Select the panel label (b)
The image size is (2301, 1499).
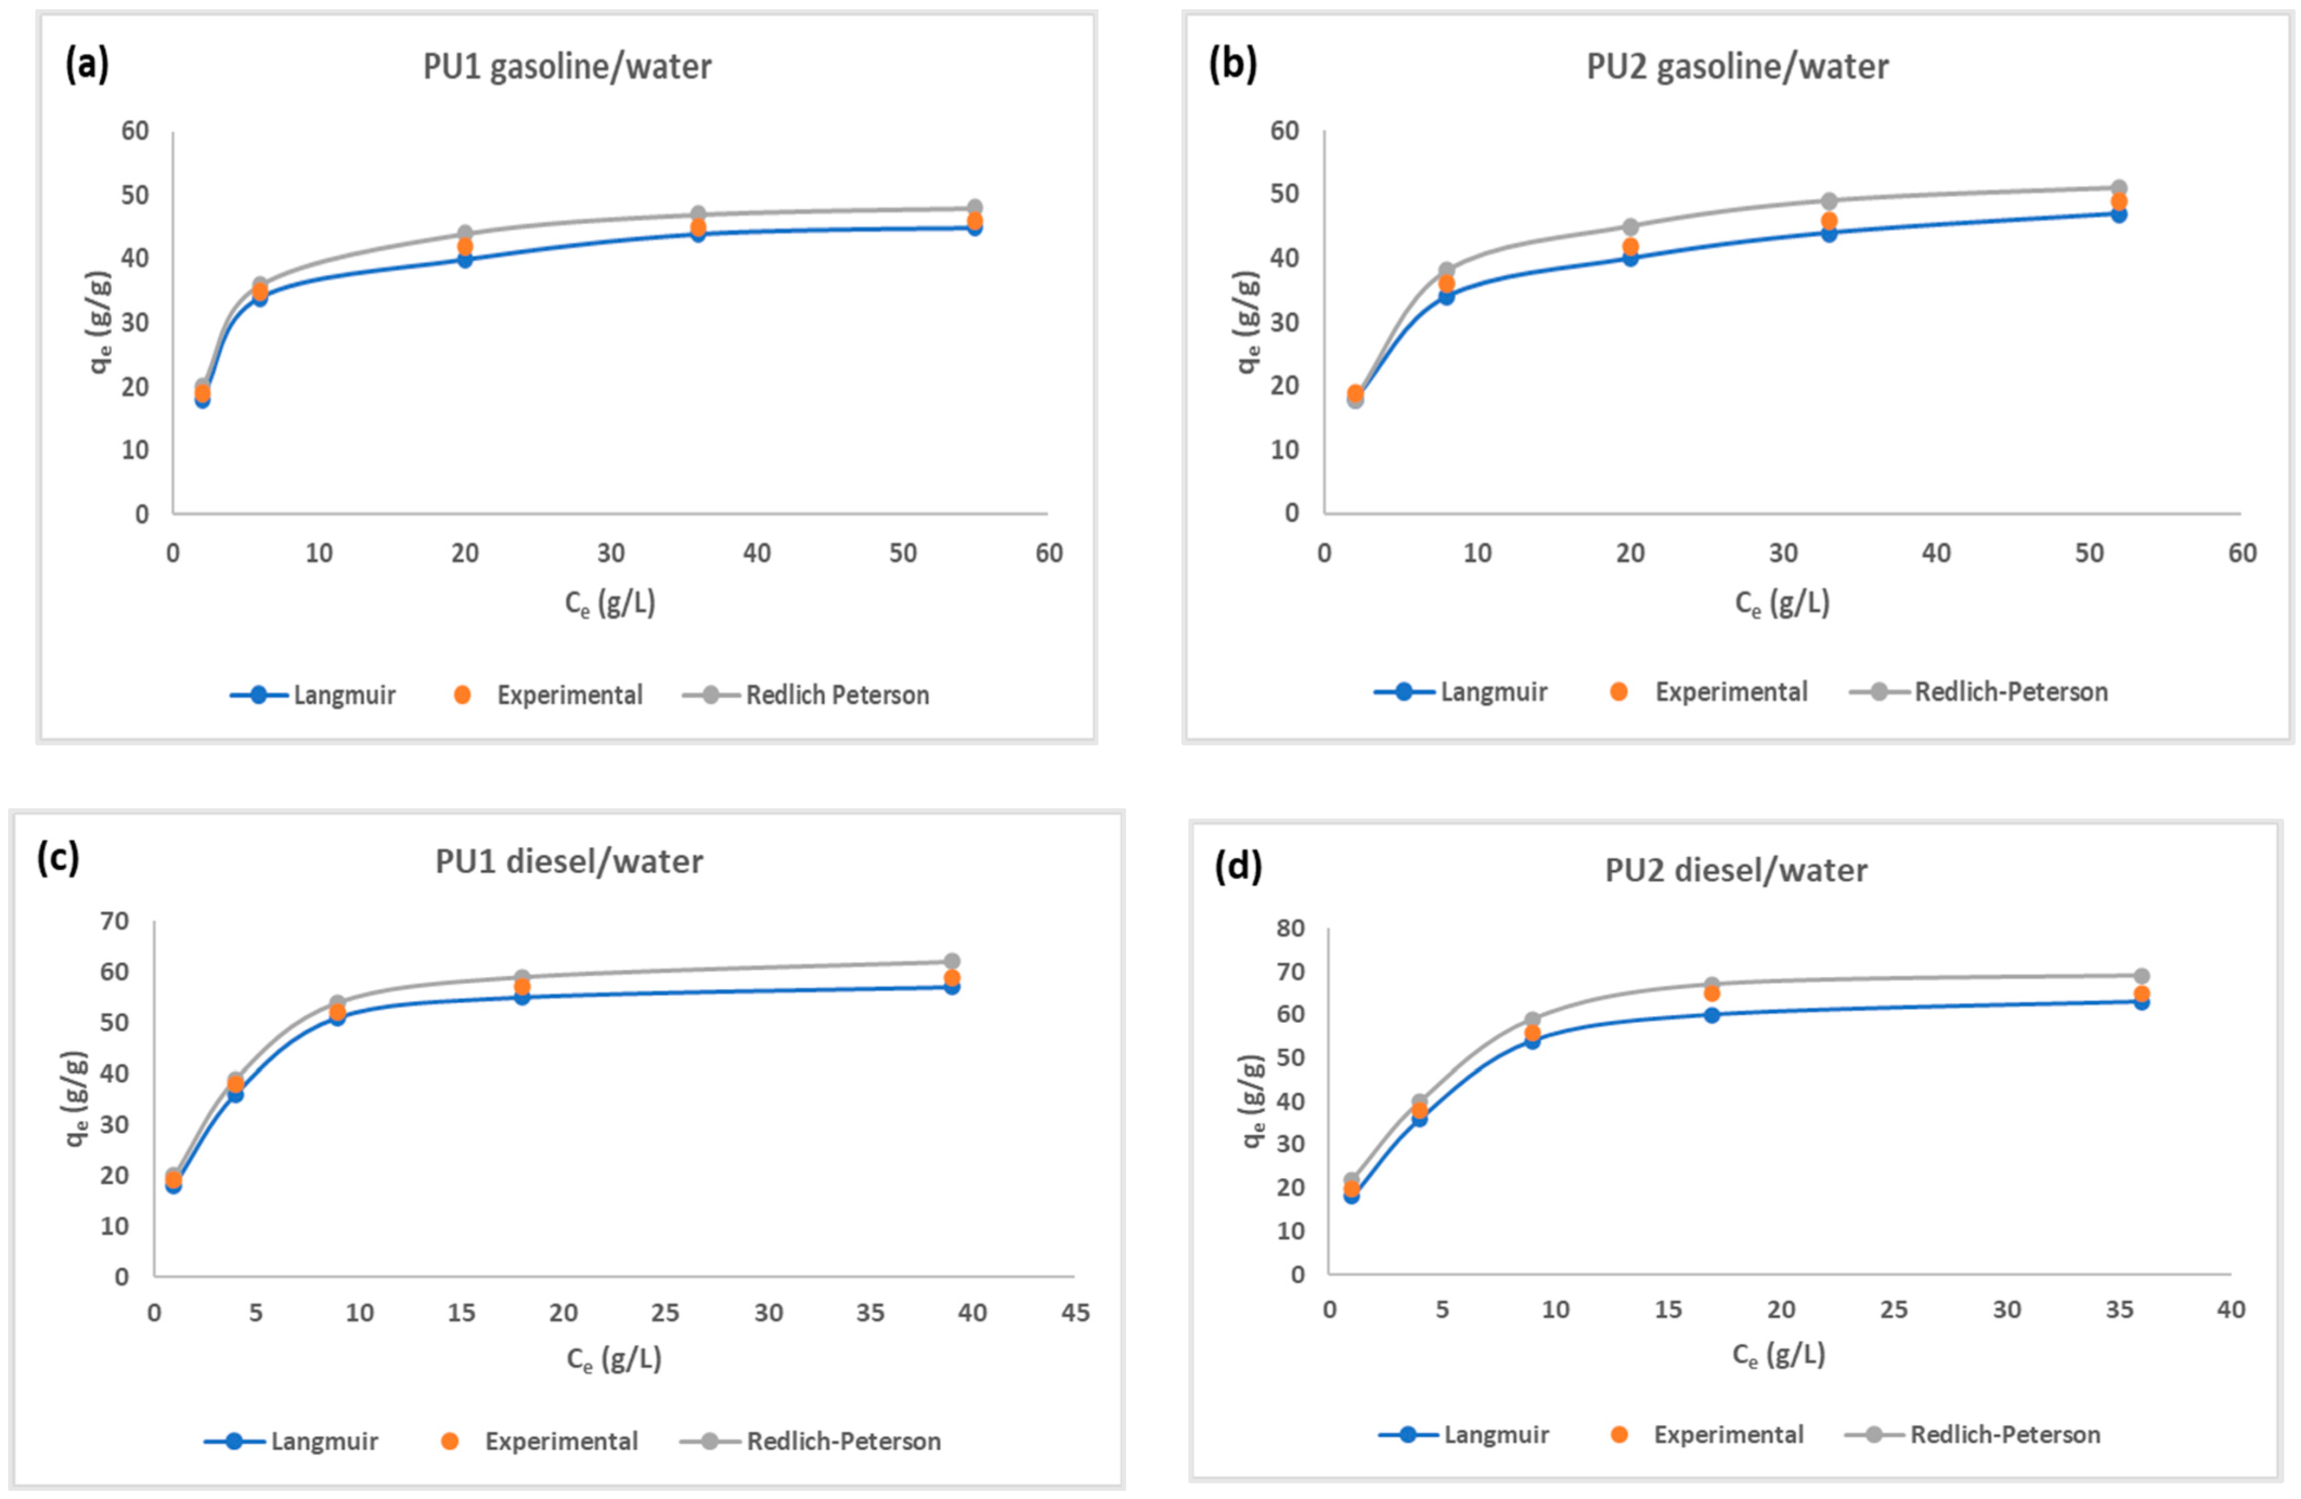pyautogui.click(x=1233, y=64)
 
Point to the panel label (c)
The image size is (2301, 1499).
pyautogui.click(x=58, y=856)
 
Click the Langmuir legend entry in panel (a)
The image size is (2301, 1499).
pyautogui.click(x=314, y=695)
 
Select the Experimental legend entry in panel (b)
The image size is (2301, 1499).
pyautogui.click(x=1709, y=692)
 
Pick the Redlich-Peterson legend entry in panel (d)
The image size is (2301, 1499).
pyautogui.click(x=1974, y=1434)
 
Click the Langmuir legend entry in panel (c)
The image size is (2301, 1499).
pyautogui.click(x=292, y=1441)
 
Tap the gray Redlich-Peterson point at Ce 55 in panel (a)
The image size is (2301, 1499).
pyautogui.click(x=974, y=207)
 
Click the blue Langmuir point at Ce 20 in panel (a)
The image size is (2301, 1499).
pyautogui.click(x=465, y=259)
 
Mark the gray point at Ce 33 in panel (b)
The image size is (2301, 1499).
pyautogui.click(x=1829, y=201)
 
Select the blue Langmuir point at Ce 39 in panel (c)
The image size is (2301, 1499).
pyautogui.click(x=952, y=986)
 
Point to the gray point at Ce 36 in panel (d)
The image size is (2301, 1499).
pyautogui.click(x=2142, y=976)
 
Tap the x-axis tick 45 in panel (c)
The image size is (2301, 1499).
pyautogui.click(x=1075, y=1313)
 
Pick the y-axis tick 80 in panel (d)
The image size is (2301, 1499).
pyautogui.click(x=1291, y=928)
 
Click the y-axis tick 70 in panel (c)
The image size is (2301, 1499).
pyautogui.click(x=114, y=921)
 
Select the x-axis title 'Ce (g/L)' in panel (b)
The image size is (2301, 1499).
pyautogui.click(x=1782, y=603)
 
